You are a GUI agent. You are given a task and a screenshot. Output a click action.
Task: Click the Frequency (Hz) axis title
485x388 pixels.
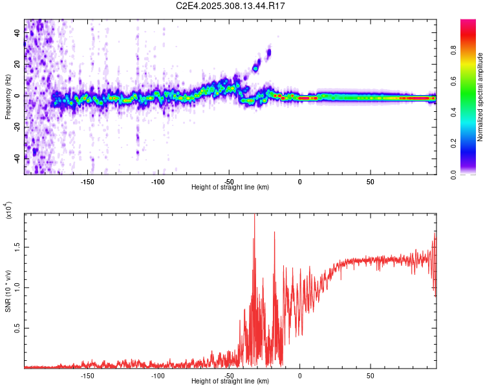(x=8, y=96)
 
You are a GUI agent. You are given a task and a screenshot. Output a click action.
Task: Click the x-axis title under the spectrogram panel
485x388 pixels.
(x=230, y=187)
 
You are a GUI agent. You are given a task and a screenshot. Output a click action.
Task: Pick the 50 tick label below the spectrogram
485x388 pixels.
(x=370, y=181)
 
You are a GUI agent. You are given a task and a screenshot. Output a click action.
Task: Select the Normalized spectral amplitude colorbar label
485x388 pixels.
(x=480, y=97)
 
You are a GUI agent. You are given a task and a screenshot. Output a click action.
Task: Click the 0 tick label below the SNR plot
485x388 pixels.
(x=299, y=375)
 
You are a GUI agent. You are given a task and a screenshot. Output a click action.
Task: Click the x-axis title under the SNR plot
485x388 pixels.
(x=230, y=381)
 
